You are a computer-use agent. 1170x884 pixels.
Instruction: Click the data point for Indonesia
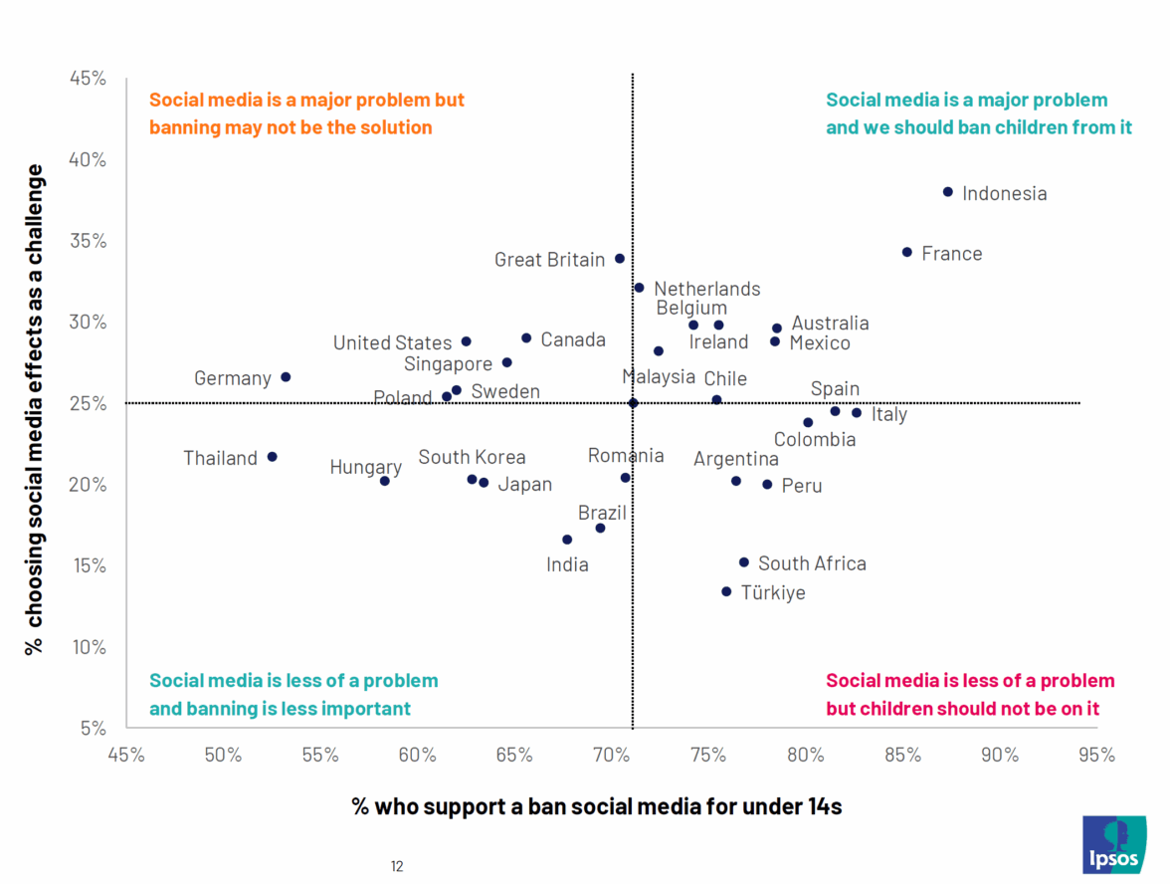pos(947,192)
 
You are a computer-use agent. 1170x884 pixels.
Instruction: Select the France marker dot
pos(906,253)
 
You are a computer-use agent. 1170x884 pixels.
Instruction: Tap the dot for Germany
pos(286,377)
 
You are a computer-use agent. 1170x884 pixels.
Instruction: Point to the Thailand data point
pos(272,457)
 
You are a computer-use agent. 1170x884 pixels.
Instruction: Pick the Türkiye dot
pos(726,591)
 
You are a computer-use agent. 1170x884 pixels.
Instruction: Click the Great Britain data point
pos(619,259)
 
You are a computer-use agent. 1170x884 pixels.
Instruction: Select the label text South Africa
pos(812,563)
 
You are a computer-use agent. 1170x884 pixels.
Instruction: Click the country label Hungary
pos(365,467)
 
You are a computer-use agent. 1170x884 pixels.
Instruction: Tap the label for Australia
pos(830,324)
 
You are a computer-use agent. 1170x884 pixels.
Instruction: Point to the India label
pos(567,565)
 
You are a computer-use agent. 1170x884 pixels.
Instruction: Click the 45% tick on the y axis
pos(89,78)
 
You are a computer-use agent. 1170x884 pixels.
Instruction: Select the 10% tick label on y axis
pos(89,647)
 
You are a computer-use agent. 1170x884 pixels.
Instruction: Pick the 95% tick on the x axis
pos(1096,755)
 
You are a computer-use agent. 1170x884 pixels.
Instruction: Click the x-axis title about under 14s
pos(596,806)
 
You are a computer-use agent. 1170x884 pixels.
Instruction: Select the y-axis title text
pos(35,408)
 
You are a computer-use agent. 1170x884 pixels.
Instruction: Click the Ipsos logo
pos(1113,844)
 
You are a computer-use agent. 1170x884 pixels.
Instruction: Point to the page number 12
pos(397,866)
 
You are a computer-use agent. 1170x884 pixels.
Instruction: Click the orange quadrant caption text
pos(305,113)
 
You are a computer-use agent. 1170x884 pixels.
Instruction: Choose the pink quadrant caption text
pos(970,695)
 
